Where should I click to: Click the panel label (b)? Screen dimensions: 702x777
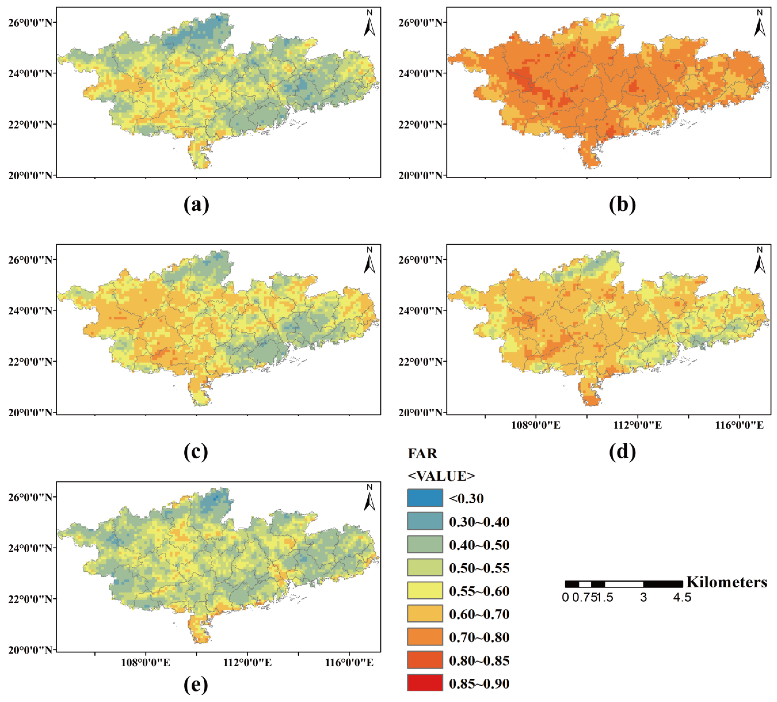coord(622,205)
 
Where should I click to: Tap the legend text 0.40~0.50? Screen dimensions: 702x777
coord(479,545)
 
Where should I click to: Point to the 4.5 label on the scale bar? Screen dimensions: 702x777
coord(682,598)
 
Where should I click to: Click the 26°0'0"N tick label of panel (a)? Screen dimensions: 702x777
coord(30,22)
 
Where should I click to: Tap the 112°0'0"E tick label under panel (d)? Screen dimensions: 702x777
coord(637,425)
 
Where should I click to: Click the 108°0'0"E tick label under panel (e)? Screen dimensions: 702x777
coord(145,663)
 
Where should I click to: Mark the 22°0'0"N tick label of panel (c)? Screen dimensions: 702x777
coord(30,361)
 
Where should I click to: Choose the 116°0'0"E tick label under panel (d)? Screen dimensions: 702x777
coord(739,425)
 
